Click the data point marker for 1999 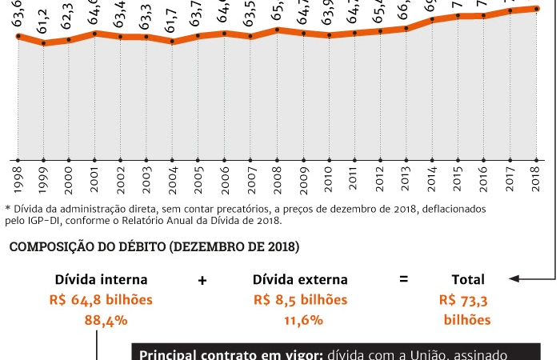(43, 43)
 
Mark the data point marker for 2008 (277, 30)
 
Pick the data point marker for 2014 (432, 20)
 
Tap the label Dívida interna (101, 280)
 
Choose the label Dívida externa (300, 280)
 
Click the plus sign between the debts (202, 280)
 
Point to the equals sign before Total (404, 280)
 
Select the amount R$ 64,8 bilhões (101, 300)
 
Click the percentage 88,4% (101, 320)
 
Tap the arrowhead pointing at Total (514, 279)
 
